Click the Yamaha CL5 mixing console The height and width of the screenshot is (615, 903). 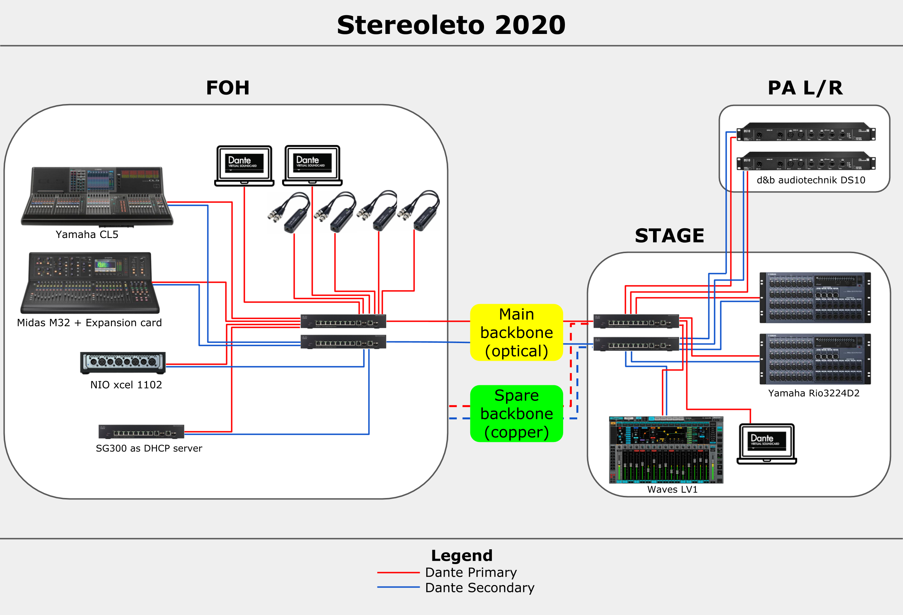(x=97, y=196)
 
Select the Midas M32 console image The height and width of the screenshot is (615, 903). (x=90, y=283)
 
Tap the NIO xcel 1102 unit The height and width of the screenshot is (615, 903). (x=123, y=363)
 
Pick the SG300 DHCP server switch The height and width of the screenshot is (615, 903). (x=141, y=432)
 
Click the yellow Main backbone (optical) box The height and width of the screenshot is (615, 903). (x=517, y=333)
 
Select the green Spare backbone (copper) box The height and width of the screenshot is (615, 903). (x=517, y=413)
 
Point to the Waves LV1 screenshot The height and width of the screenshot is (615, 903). (x=666, y=450)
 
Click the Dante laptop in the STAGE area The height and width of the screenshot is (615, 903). (x=766, y=444)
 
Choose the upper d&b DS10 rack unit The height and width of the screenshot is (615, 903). (x=806, y=132)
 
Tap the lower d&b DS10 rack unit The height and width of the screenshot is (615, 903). (x=806, y=161)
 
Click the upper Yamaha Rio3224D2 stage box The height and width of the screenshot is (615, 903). (x=815, y=298)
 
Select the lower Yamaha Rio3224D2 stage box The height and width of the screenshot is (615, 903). (x=815, y=359)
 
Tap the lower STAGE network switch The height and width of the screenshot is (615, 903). (x=636, y=344)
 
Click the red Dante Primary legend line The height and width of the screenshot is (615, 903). (x=398, y=572)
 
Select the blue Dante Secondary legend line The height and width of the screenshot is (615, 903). (x=398, y=587)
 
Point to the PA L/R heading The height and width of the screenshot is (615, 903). (x=805, y=88)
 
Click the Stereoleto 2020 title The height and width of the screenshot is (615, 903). (x=451, y=25)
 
